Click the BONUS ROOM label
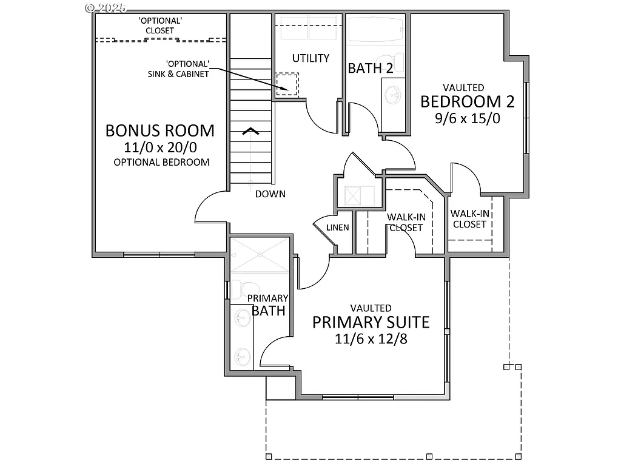pyautogui.click(x=159, y=130)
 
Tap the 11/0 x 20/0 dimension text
pyautogui.click(x=159, y=147)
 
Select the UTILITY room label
pyautogui.click(x=310, y=58)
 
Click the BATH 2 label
pyautogui.click(x=370, y=68)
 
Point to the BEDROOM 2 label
pyautogui.click(x=468, y=101)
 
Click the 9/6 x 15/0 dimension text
pyautogui.click(x=468, y=118)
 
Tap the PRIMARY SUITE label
pyautogui.click(x=371, y=322)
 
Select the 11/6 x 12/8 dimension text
pyautogui.click(x=371, y=338)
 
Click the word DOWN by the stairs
pyautogui.click(x=270, y=194)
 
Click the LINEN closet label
pyautogui.click(x=338, y=228)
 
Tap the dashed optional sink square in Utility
pyautogui.click(x=287, y=84)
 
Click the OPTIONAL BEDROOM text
pyautogui.click(x=161, y=162)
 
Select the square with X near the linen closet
pyautogui.click(x=353, y=196)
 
